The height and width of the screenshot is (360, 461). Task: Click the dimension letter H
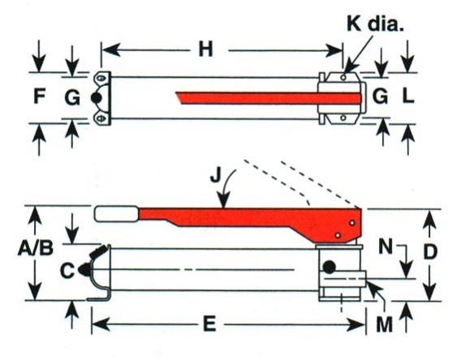point(205,49)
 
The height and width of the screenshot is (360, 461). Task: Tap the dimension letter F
point(40,96)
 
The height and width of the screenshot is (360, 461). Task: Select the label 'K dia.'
point(375,24)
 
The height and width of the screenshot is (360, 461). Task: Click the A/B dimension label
point(36,248)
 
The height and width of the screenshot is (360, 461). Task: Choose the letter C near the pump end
point(67,271)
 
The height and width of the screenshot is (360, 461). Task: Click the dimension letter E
point(210,324)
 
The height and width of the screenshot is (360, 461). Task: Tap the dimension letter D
point(430,251)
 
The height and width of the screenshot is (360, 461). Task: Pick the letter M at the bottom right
point(385,324)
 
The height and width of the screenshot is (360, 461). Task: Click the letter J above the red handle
point(216,176)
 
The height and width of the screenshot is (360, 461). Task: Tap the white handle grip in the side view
point(116,214)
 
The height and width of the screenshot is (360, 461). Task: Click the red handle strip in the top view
point(269,98)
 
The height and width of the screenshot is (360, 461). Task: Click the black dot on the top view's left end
point(96,98)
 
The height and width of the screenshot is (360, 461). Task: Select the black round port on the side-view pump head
point(329,267)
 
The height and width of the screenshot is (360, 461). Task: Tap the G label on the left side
point(72,97)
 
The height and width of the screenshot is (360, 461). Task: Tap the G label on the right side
point(380,96)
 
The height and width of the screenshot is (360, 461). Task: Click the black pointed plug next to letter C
point(84,269)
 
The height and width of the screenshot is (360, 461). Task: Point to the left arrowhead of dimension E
point(99,324)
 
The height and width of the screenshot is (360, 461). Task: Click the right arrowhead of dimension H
point(335,50)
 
